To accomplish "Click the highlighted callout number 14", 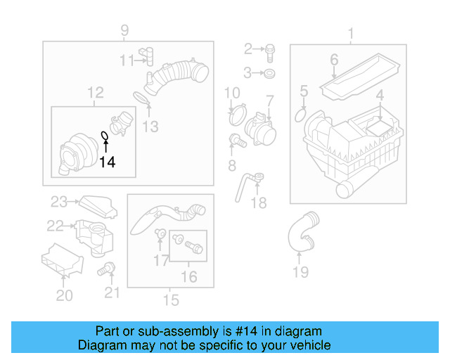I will tap(106, 162).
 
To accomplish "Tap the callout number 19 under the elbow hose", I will tap(300, 271).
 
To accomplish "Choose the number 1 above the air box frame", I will tap(350, 32).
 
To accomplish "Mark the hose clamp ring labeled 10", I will tap(237, 110).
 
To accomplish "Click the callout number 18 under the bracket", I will tap(259, 203).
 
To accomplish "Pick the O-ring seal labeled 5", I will tap(300, 115).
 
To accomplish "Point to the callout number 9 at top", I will tap(124, 30).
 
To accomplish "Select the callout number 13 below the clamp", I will tap(150, 127).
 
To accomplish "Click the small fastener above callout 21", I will tap(108, 268).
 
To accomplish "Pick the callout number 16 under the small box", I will tap(188, 277).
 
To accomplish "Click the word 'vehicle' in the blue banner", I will tap(307, 345).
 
